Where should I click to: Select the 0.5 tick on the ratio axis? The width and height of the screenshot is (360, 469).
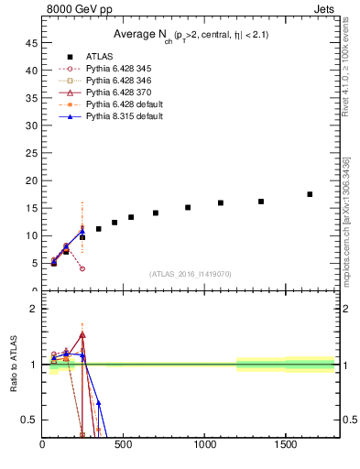point(29,420)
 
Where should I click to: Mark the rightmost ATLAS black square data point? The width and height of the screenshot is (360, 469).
point(310,194)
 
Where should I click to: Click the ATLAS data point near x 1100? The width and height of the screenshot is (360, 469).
point(221,202)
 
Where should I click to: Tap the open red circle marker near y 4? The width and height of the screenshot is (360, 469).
point(82,268)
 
